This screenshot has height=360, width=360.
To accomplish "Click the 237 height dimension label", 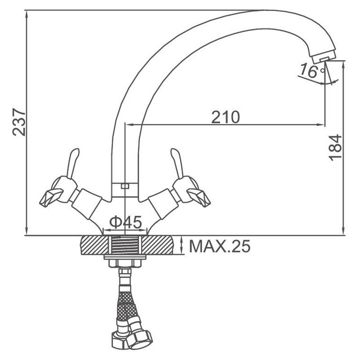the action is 19,122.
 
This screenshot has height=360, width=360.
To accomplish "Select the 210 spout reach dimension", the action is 225,117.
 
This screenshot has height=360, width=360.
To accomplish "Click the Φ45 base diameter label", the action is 126,222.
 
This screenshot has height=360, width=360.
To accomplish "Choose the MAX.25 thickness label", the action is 220,246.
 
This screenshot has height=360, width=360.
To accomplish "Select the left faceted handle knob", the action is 51,197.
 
